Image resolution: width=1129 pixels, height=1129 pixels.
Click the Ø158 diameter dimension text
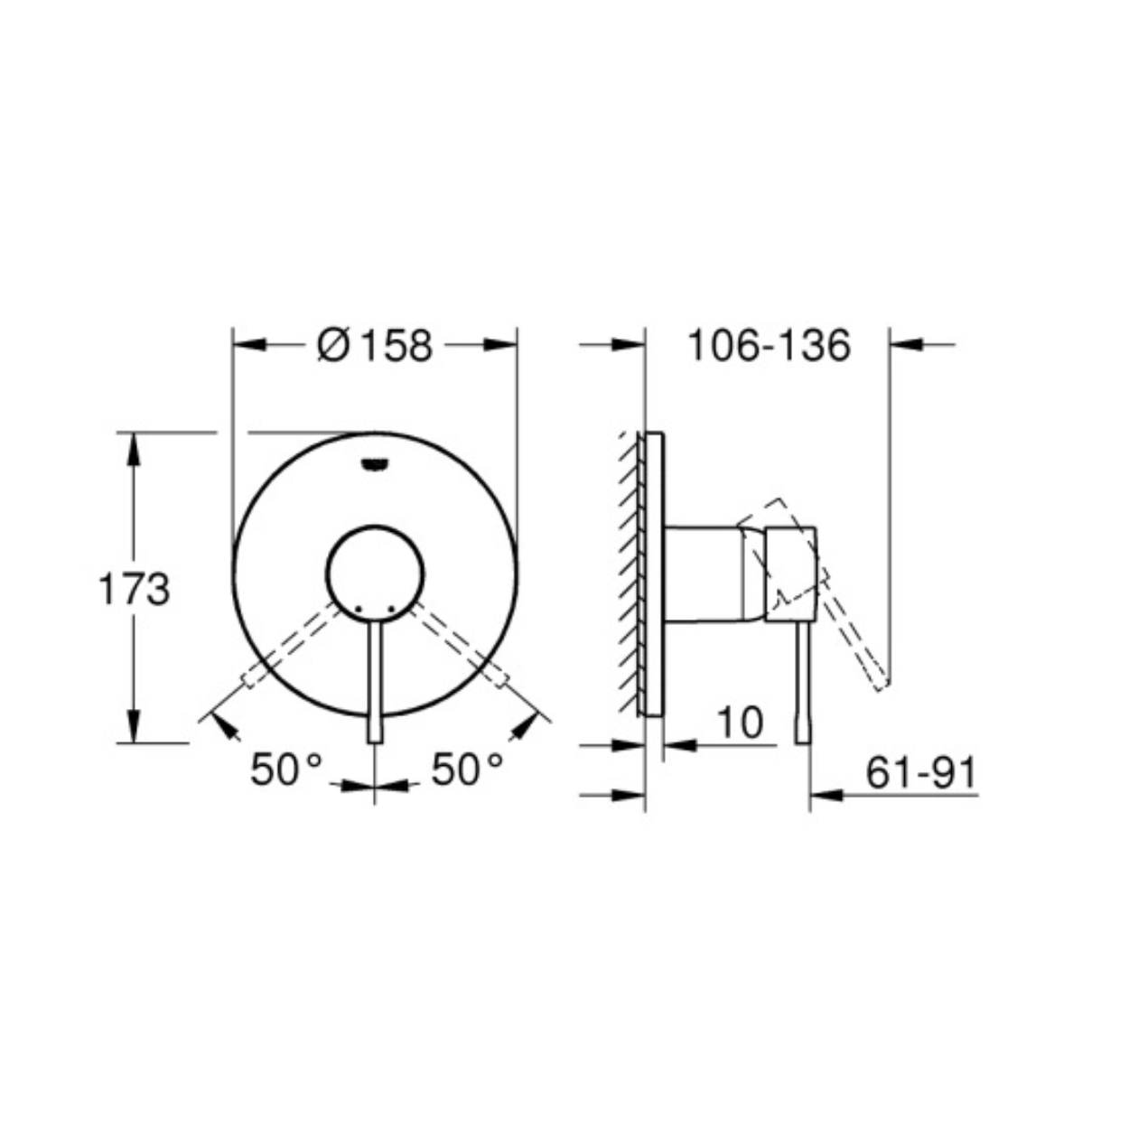375,345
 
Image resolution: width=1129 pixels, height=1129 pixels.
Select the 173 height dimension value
135,589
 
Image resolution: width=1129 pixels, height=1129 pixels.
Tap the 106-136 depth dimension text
769,345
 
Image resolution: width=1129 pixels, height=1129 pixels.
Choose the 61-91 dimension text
921,773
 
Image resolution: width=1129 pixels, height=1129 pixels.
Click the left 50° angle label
286,769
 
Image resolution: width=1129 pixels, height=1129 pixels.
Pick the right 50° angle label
467,769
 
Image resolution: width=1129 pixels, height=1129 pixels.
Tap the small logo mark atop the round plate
375,464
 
